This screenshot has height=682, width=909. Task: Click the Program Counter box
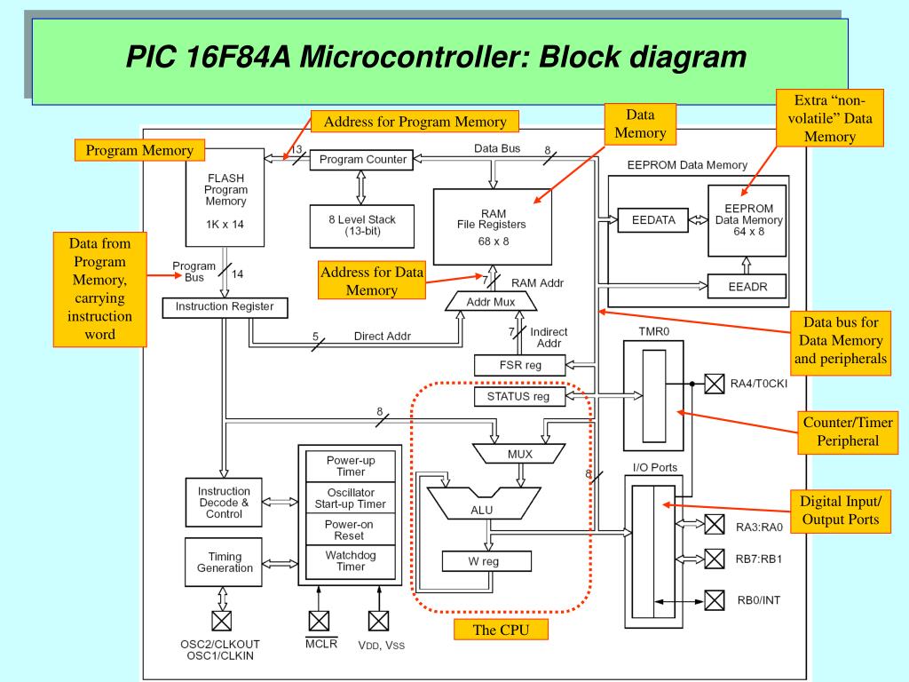click(x=362, y=160)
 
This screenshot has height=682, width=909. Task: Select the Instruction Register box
click(x=225, y=307)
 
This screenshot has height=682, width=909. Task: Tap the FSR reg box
click(x=520, y=365)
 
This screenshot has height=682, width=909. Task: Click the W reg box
click(x=486, y=561)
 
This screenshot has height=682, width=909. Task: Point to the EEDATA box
click(x=653, y=220)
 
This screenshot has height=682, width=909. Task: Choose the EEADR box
click(x=747, y=287)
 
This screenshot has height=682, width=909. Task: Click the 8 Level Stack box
click(x=362, y=226)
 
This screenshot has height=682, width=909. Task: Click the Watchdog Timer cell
click(x=351, y=561)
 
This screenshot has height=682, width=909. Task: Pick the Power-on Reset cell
click(x=351, y=529)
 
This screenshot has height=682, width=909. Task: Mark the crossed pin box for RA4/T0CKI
click(x=715, y=384)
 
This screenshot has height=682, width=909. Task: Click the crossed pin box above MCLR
click(x=319, y=621)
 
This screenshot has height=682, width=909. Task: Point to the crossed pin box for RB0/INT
click(x=715, y=601)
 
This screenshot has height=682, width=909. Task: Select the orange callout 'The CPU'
click(x=501, y=630)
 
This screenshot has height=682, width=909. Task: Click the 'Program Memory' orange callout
click(x=139, y=150)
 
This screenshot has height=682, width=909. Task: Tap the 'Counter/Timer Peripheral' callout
click(x=848, y=432)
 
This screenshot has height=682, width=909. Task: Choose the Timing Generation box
click(x=224, y=562)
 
